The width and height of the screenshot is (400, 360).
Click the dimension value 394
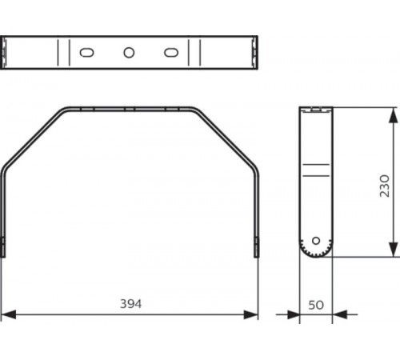[130, 304]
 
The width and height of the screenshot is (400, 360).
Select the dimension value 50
[314, 304]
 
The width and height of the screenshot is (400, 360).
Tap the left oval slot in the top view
[86, 52]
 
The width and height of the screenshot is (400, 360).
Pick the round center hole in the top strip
[129, 52]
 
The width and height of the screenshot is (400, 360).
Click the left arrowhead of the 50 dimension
[294, 314]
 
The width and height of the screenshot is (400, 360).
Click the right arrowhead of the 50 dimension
[336, 314]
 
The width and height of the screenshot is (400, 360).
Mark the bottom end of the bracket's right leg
[257, 254]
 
